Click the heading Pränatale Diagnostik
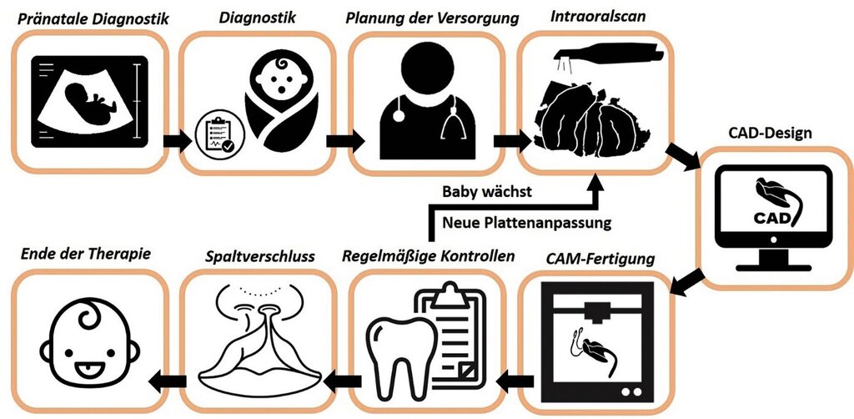point(93,19)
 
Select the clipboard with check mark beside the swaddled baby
point(220,134)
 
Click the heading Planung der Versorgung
point(433,18)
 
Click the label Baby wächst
point(487,192)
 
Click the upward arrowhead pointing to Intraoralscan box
point(596,183)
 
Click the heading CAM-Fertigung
point(600,258)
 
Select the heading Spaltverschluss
point(260,256)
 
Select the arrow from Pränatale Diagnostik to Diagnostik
point(178,142)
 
